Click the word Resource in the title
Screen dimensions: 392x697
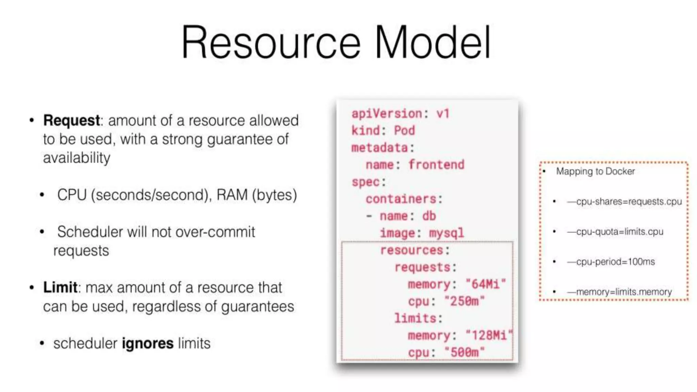click(271, 43)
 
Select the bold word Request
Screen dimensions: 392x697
click(71, 120)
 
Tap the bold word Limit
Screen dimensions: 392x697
click(60, 288)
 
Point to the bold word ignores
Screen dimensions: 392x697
click(148, 343)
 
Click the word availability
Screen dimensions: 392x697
click(77, 158)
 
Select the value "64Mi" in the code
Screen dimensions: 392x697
click(486, 284)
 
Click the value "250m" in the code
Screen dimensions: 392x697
click(465, 301)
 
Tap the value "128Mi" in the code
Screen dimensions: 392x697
click(489, 336)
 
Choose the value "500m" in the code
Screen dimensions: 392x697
click(465, 352)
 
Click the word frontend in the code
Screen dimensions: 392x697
click(436, 165)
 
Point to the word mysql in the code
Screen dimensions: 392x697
click(447, 233)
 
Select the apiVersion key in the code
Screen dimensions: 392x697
click(387, 114)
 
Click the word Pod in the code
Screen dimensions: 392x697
click(405, 131)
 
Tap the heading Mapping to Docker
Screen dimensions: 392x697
click(595, 171)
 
